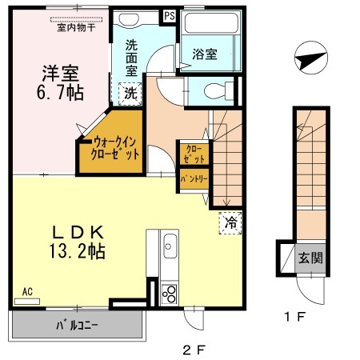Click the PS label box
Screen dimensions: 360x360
(x=170, y=15)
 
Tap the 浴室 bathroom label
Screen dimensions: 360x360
(x=205, y=54)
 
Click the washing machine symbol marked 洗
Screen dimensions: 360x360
(x=129, y=93)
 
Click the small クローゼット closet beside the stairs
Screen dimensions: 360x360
(x=193, y=153)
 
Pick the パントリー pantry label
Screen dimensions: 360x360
(x=193, y=178)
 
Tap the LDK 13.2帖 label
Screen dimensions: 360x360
(x=78, y=240)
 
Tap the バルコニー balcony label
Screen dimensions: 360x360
(x=77, y=327)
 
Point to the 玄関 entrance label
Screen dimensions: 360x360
(x=310, y=258)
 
